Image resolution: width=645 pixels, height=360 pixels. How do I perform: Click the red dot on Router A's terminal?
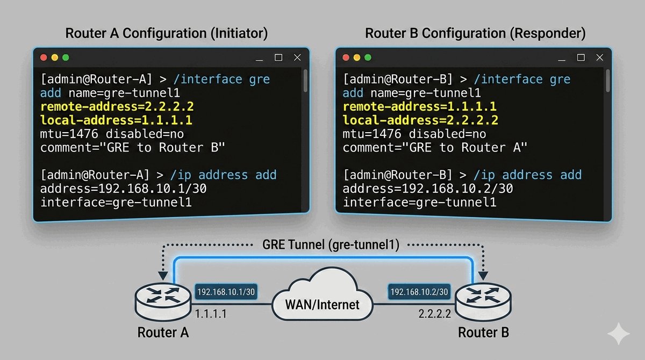pyautogui.click(x=42, y=57)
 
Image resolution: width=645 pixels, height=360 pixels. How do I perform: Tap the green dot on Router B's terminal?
pyautogui.click(x=368, y=57)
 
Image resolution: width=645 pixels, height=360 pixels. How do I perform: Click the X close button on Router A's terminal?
pyautogui.click(x=297, y=57)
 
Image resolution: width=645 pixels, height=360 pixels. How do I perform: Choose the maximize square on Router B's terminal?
pyautogui.click(x=580, y=57)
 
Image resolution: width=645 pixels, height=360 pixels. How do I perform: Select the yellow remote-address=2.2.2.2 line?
pyautogui.click(x=117, y=106)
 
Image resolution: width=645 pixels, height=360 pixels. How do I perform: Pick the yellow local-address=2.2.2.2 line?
pyautogui.click(x=420, y=120)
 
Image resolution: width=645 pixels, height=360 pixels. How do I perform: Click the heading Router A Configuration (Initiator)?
pyautogui.click(x=166, y=33)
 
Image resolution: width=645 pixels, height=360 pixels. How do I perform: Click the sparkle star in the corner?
pyautogui.click(x=618, y=334)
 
